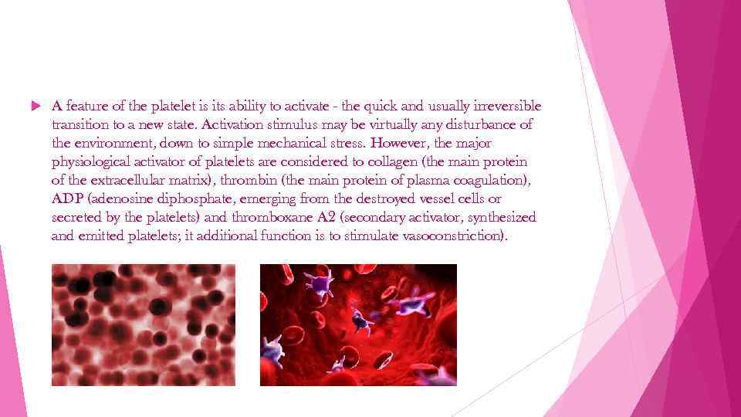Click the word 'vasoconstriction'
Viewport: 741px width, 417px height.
[454, 236]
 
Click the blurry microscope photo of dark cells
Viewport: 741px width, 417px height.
[144, 324]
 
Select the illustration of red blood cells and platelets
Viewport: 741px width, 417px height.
[358, 324]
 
